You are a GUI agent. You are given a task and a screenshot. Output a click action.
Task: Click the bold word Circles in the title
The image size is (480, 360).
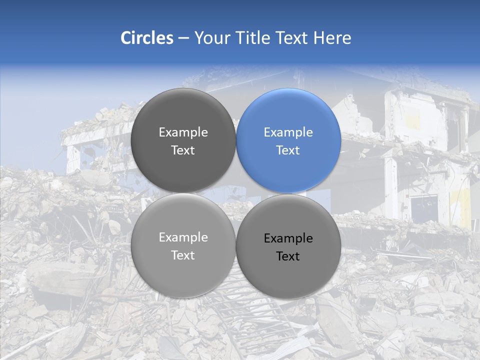146,38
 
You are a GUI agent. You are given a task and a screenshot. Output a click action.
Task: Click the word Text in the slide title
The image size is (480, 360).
291,38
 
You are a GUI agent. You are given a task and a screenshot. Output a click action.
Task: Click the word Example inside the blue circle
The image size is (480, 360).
288,132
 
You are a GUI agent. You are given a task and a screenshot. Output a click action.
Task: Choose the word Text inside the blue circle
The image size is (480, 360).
288,150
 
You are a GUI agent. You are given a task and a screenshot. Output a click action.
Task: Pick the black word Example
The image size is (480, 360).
288,238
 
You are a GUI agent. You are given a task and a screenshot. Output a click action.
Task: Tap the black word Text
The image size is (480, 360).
288,256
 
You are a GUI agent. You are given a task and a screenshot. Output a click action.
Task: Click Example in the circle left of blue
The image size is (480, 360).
183,132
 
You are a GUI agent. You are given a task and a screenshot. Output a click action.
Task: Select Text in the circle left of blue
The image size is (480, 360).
183,150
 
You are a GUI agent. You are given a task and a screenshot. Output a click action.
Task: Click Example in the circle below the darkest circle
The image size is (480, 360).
183,237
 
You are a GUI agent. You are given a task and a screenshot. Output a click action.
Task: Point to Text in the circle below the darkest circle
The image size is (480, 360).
183,255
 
